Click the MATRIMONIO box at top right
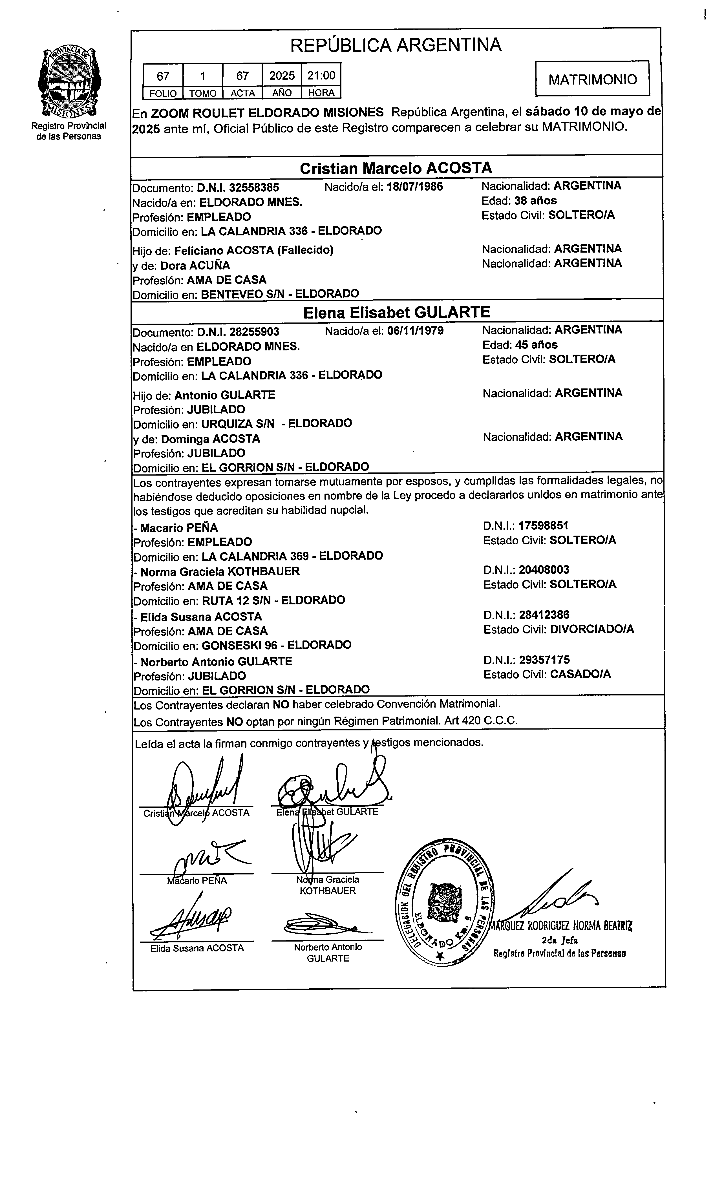tap(592, 79)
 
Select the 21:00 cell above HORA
tap(321, 75)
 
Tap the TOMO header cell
tap(202, 93)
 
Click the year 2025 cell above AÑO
tap(282, 75)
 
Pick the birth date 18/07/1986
tap(414, 186)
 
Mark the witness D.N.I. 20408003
tap(544, 570)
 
